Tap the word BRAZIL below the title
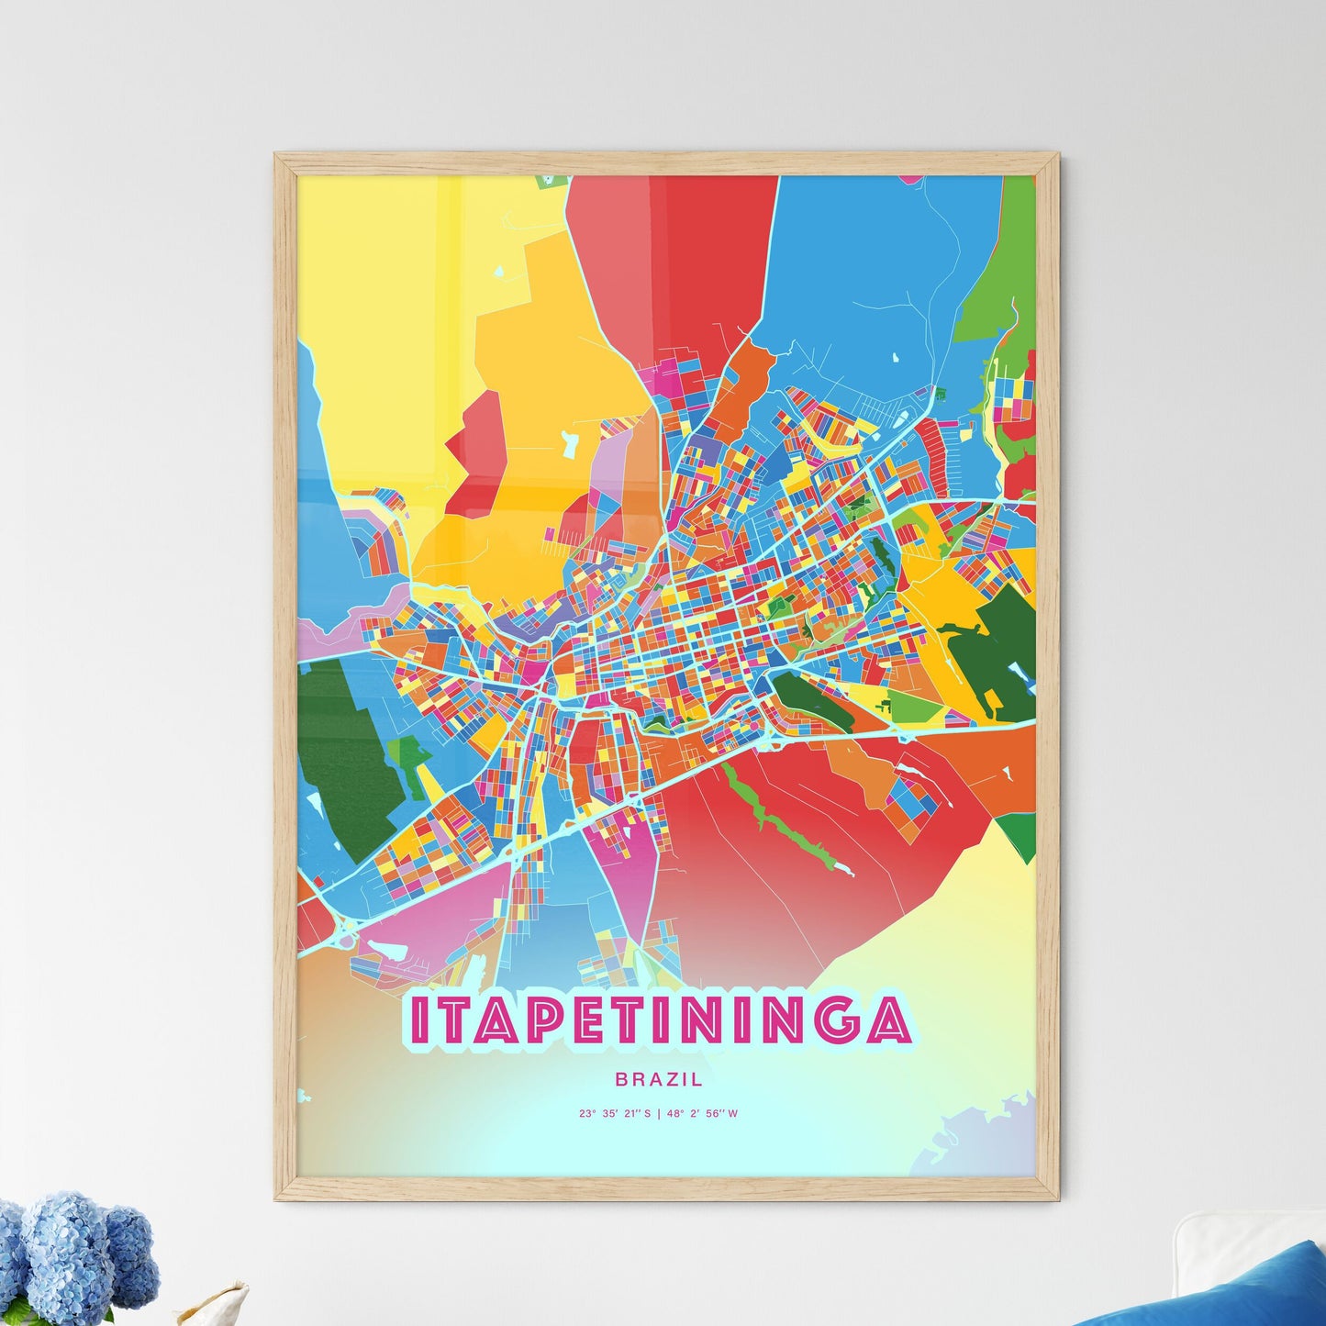pos(659,1080)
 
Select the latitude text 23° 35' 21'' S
pos(615,1114)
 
